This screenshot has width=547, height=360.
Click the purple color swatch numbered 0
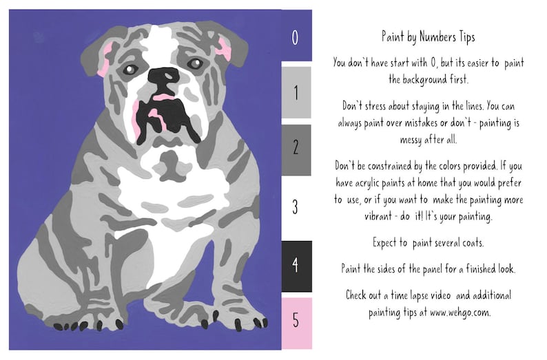coord(296,36)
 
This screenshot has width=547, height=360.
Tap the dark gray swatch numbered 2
coord(296,149)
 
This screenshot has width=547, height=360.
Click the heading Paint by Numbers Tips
coord(428,36)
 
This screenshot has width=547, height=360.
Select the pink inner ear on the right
coord(223,47)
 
